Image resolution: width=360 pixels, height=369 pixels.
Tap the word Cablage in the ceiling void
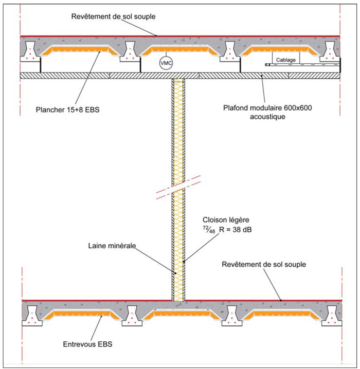pos(286,59)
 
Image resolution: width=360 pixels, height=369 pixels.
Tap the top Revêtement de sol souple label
pos(113,16)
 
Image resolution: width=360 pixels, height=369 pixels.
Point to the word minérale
pos(123,246)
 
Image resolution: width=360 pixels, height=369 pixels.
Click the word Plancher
pos(51,109)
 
